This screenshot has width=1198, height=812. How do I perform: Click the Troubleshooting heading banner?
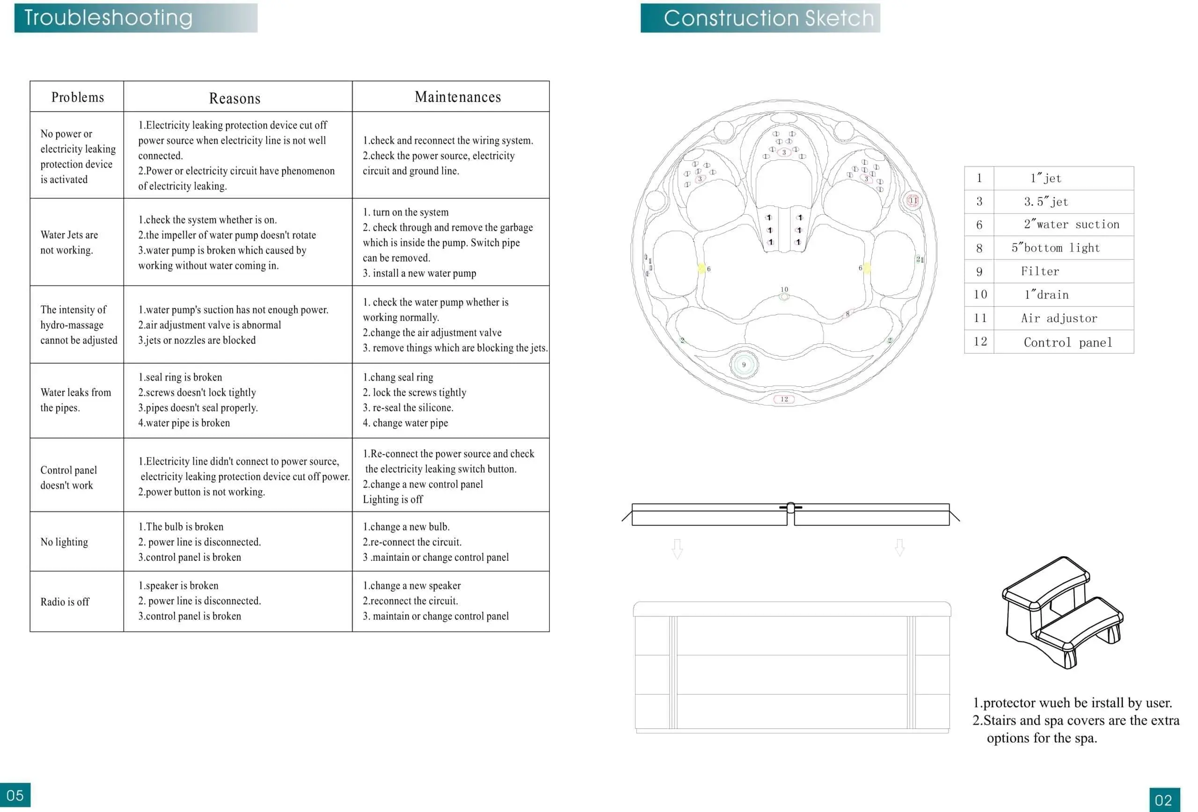pos(136,18)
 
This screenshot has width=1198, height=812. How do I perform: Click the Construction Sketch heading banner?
pos(760,18)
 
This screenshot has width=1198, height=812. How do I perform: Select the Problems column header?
pos(77,97)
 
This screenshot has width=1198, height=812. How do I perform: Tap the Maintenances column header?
pos(458,97)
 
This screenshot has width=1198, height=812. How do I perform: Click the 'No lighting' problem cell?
pos(65,542)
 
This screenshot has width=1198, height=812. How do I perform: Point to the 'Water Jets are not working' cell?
pos(69,242)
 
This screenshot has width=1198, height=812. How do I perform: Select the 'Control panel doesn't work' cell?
pos(69,477)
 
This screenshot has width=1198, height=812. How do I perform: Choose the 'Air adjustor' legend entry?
pos(1059,319)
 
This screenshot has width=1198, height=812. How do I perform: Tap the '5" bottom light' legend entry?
pos(1055,248)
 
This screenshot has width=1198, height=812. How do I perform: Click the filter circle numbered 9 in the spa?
pos(743,365)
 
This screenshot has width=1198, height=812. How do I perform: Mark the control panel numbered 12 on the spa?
pos(784,399)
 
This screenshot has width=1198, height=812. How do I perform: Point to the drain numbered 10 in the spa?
pos(784,296)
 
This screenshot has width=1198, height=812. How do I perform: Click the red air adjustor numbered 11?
pos(913,200)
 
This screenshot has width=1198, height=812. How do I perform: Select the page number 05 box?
pos(15,795)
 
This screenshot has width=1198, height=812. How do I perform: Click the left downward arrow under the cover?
pos(677,549)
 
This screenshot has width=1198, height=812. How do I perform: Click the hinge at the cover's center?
pos(791,508)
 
